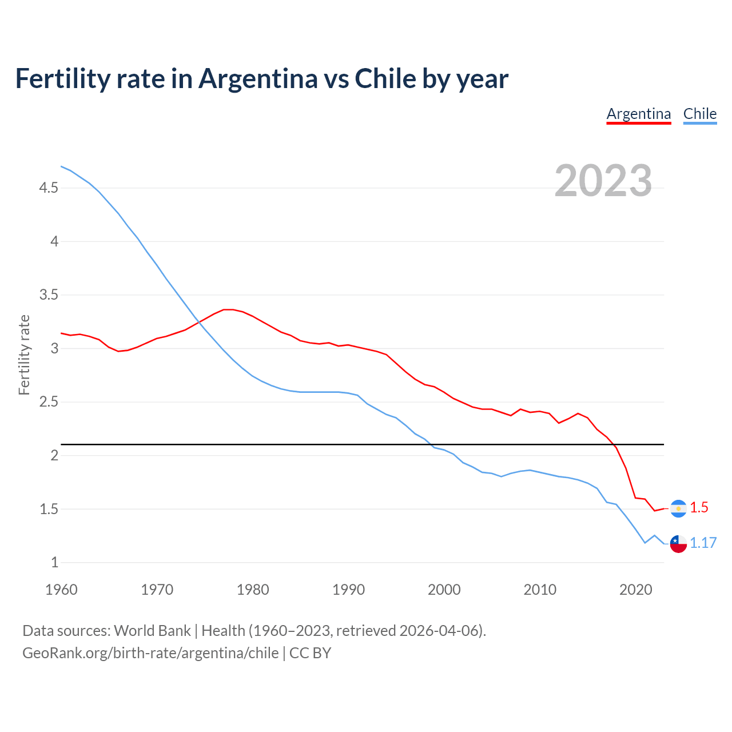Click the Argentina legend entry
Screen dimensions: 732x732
pos(638,114)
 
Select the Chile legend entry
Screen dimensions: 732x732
pos(699,114)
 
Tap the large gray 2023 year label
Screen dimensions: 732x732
pos(603,181)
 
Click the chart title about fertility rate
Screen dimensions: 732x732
pos(261,78)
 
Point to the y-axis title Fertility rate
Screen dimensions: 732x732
pos(24,355)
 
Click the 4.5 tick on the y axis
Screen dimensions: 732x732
pos(49,188)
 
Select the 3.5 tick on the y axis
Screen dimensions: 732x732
pos(49,295)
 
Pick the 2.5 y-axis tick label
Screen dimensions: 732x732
pos(49,402)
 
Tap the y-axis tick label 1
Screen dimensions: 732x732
pos(55,562)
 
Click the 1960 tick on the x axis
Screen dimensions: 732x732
pos(61,590)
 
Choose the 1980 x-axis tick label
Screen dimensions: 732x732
pos(253,590)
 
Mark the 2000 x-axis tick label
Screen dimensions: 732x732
pos(444,590)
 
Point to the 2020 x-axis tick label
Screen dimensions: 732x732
pos(635,590)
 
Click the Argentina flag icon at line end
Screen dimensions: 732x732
pos(678,508)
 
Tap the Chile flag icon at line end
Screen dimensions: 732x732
pos(678,544)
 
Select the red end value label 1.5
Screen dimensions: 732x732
pos(699,508)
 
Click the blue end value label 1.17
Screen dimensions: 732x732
pos(703,543)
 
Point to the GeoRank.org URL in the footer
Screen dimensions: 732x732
pos(150,653)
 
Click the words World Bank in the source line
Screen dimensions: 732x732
pos(152,631)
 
